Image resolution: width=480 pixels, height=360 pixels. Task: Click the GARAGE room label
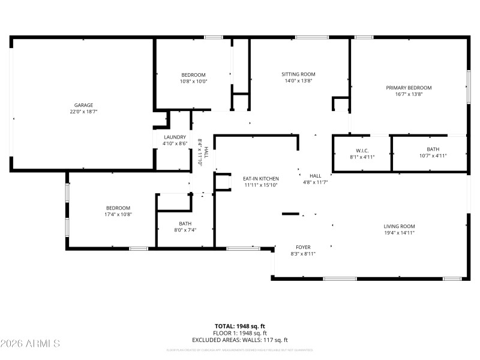tap(83, 105)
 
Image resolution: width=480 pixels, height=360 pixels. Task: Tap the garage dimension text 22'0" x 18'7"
tap(83, 112)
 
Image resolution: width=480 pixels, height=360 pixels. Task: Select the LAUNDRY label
tap(175, 137)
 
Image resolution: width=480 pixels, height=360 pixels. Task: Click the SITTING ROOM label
tap(298, 74)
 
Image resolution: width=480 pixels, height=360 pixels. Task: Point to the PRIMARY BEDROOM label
tap(409, 88)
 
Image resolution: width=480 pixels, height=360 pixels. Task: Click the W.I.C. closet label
tap(362, 150)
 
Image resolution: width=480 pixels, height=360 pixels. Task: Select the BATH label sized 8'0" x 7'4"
tap(185, 223)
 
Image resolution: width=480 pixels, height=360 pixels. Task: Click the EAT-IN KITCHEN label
tap(261, 179)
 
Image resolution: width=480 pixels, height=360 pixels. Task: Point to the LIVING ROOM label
tap(400, 226)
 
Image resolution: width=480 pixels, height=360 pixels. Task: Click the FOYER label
tap(303, 247)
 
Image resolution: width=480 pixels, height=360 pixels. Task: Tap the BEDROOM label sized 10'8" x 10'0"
tap(193, 75)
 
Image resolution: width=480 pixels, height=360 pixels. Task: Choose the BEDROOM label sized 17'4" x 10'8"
tap(118, 208)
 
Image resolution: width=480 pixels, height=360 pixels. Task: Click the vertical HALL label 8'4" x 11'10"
tap(203, 151)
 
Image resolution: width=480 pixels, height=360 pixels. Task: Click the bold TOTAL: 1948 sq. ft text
tap(240, 326)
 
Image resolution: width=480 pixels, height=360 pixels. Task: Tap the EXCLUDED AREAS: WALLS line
tap(240, 340)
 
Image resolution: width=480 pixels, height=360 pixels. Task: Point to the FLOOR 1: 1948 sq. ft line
tap(240, 333)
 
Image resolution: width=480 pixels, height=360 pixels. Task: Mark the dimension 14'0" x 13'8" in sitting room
tap(298, 81)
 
